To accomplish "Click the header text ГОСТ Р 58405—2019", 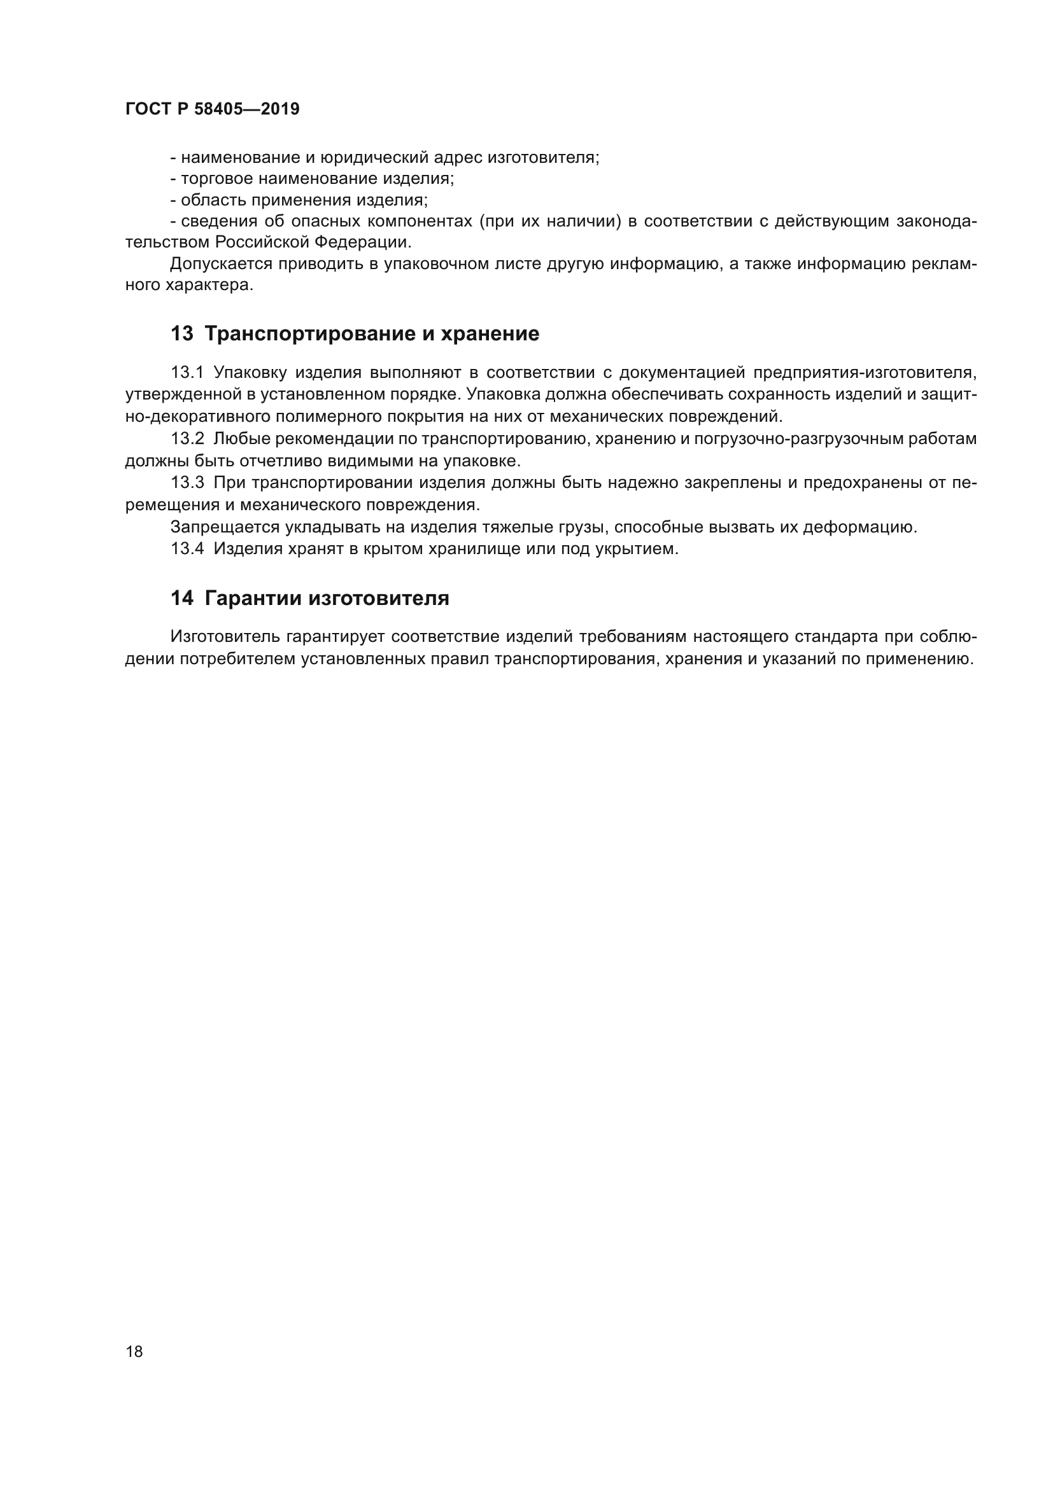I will pyautogui.click(x=212, y=109).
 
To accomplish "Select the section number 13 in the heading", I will pyautogui.click(x=181, y=334).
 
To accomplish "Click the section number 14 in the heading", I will pyautogui.click(x=181, y=597).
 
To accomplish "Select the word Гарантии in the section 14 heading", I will pyautogui.click(x=252, y=597).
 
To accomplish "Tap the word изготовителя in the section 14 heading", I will pyautogui.click(x=379, y=597).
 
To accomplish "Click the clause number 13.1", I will pyautogui.click(x=187, y=373).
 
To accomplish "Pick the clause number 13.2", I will pyautogui.click(x=187, y=439).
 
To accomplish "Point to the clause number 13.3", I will pyautogui.click(x=187, y=483).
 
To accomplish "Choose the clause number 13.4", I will pyautogui.click(x=187, y=549).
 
